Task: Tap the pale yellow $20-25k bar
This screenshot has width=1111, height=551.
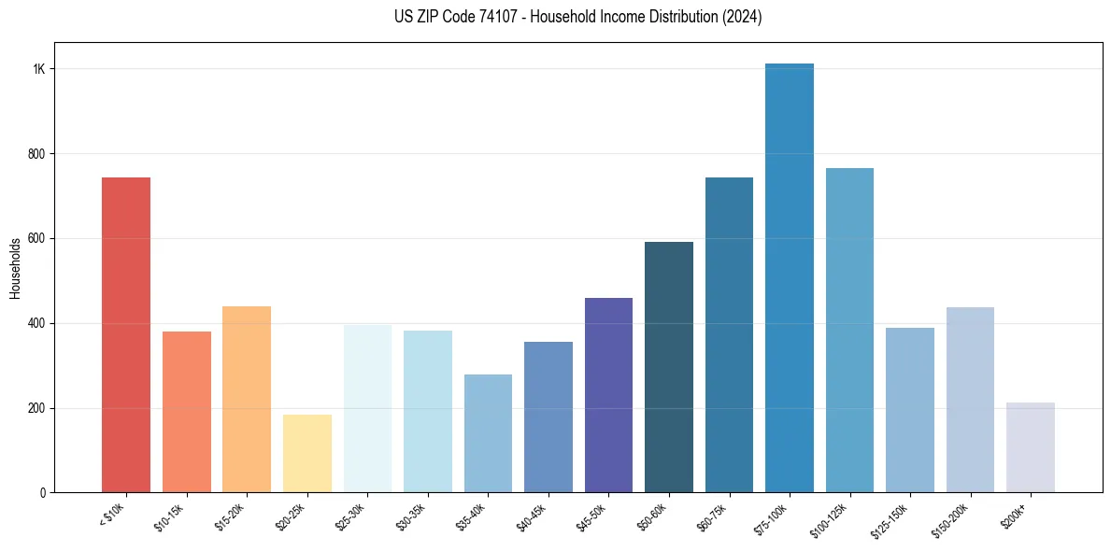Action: [306, 453]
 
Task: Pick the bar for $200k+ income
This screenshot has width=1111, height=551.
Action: [1030, 447]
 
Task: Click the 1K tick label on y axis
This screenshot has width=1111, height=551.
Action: [38, 69]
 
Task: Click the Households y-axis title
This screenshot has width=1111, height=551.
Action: [15, 268]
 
